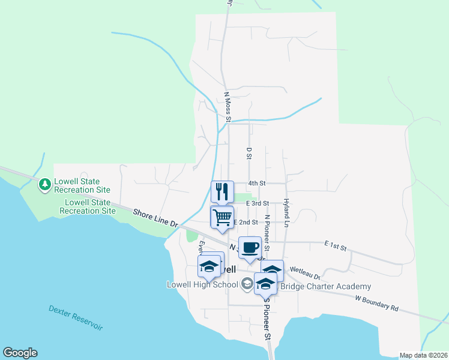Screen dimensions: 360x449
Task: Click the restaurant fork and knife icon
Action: (222, 191)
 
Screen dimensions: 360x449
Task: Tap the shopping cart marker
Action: (222, 217)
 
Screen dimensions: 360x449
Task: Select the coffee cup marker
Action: (250, 247)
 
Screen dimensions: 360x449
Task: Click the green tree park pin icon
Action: (45, 185)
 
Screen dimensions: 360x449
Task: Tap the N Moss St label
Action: (228, 106)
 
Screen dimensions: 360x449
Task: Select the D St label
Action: (249, 153)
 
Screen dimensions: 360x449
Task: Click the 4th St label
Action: (258, 182)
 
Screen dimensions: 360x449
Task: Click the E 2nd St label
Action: (246, 222)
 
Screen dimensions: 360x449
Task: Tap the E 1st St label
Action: (336, 245)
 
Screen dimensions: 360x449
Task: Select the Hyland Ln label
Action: (286, 213)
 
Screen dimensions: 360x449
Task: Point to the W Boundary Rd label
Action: (376, 302)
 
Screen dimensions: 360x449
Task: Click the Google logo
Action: (20, 353)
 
